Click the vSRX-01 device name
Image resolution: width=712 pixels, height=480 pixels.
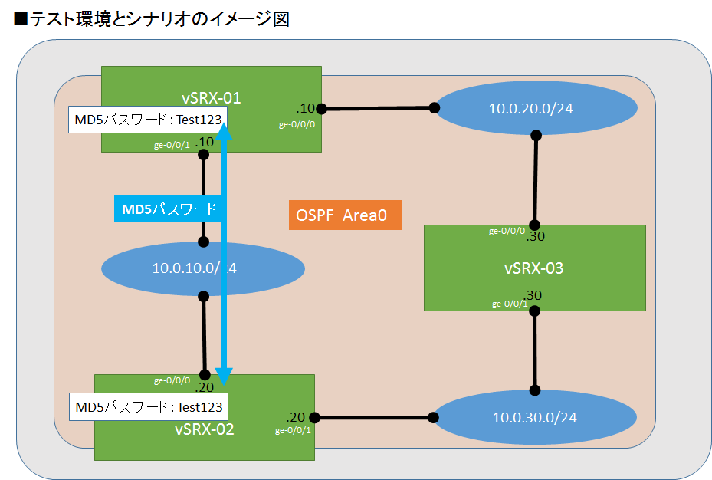pyautogui.click(x=211, y=97)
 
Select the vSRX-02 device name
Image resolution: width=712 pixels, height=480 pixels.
pyautogui.click(x=204, y=429)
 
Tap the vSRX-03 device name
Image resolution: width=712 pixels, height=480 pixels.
pyautogui.click(x=534, y=268)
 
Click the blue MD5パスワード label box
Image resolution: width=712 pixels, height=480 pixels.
pyautogui.click(x=167, y=209)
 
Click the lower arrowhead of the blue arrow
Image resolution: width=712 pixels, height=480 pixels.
pyautogui.click(x=224, y=376)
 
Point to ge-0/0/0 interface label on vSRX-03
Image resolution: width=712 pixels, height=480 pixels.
pyautogui.click(x=507, y=231)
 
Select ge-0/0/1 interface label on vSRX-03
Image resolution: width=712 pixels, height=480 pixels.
pyautogui.click(x=509, y=304)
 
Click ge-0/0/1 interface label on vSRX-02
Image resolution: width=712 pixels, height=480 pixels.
pyautogui.click(x=293, y=431)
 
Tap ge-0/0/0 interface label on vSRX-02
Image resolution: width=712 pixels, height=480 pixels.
pyautogui.click(x=172, y=380)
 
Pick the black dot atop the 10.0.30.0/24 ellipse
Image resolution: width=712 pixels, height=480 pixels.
pyautogui.click(x=535, y=390)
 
